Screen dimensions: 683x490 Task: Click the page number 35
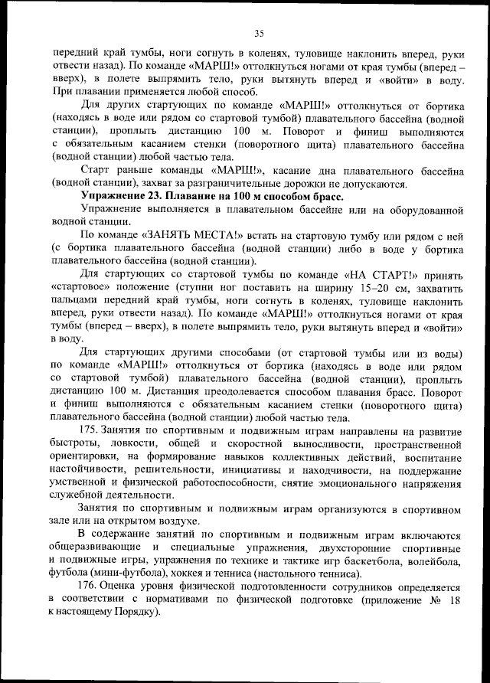[x=259, y=32]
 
